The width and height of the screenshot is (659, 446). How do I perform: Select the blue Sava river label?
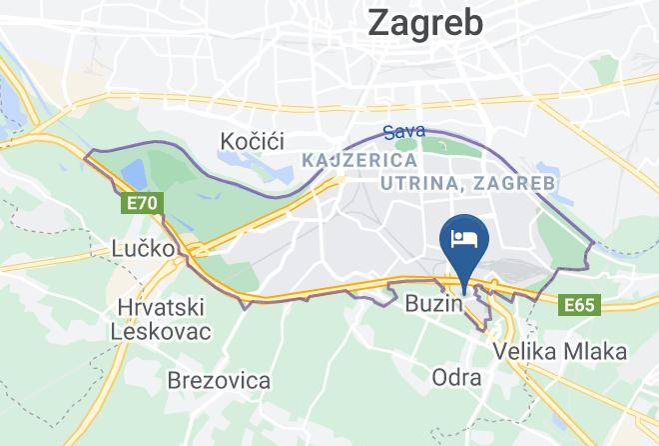coord(404,131)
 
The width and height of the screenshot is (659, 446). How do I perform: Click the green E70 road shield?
coord(139,204)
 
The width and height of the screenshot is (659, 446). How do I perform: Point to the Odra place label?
coord(456,378)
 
